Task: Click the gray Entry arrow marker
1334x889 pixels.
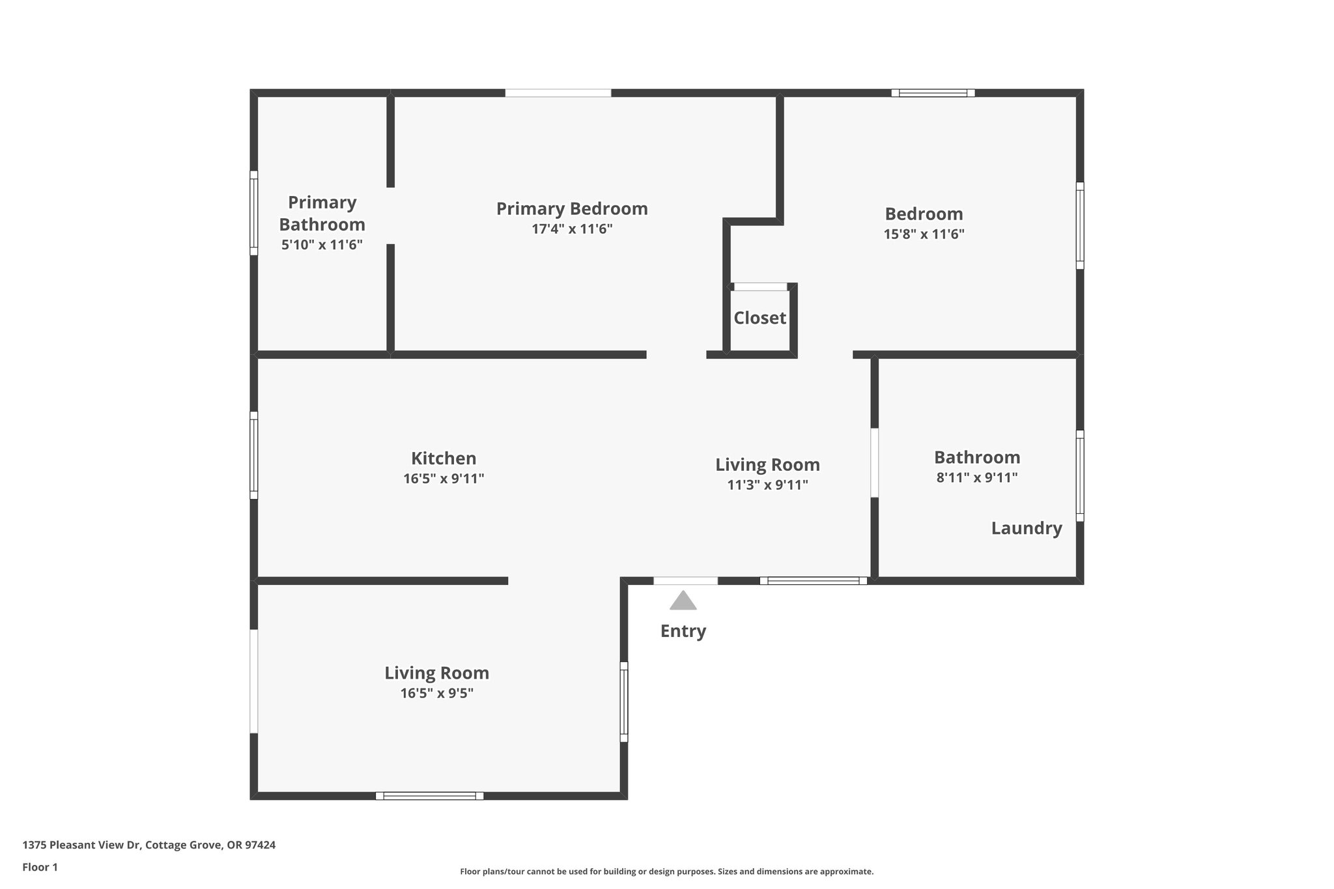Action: tap(683, 601)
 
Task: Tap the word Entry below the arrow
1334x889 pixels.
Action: tap(683, 631)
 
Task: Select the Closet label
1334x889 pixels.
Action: tap(759, 318)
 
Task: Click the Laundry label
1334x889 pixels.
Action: tap(1026, 528)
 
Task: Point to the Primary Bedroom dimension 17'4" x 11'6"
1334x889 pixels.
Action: tap(572, 229)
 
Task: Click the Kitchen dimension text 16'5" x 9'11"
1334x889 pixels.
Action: tap(444, 479)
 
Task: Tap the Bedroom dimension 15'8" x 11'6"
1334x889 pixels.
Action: tap(924, 234)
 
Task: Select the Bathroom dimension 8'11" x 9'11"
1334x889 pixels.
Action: tap(976, 477)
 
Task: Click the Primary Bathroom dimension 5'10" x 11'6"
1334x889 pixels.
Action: tap(322, 245)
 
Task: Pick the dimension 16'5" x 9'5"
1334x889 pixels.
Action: tap(436, 693)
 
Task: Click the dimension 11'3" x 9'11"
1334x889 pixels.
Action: tap(767, 485)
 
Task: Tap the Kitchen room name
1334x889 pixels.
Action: tap(444, 458)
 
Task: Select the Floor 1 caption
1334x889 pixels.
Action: tap(40, 867)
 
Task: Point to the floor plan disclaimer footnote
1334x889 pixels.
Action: tap(666, 871)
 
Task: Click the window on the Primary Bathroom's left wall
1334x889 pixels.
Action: tap(254, 213)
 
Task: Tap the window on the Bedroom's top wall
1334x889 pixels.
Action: tap(933, 93)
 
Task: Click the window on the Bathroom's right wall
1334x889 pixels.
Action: tap(1079, 475)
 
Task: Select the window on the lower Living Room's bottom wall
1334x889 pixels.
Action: tap(429, 795)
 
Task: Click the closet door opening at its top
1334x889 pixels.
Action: tap(760, 287)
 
